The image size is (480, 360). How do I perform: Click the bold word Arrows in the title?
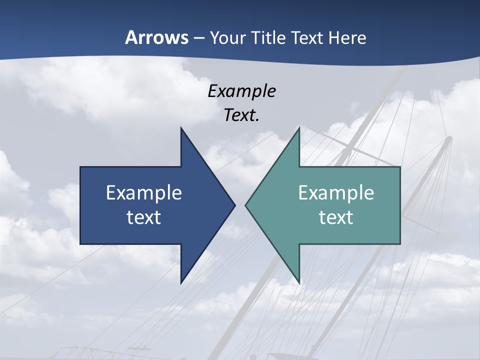coord(156,37)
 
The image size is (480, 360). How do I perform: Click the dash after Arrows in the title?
coord(198,38)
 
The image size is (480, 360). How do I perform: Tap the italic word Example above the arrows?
coord(241,91)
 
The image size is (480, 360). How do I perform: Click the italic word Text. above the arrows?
coord(241,115)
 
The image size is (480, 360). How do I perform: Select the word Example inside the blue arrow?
coord(144,193)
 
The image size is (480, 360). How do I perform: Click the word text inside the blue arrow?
coord(144,217)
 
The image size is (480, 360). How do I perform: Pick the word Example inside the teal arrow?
coord(336,193)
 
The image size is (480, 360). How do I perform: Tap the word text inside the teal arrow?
coord(336,217)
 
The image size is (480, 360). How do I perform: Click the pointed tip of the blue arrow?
coord(234,205)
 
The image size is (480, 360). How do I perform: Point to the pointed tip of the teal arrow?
coord(246,205)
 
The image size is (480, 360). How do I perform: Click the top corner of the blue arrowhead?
coord(181,128)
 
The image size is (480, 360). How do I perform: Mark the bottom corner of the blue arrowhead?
coord(181,283)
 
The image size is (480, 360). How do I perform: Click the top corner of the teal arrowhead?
coord(299,128)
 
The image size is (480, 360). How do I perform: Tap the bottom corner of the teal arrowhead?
coord(299,283)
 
